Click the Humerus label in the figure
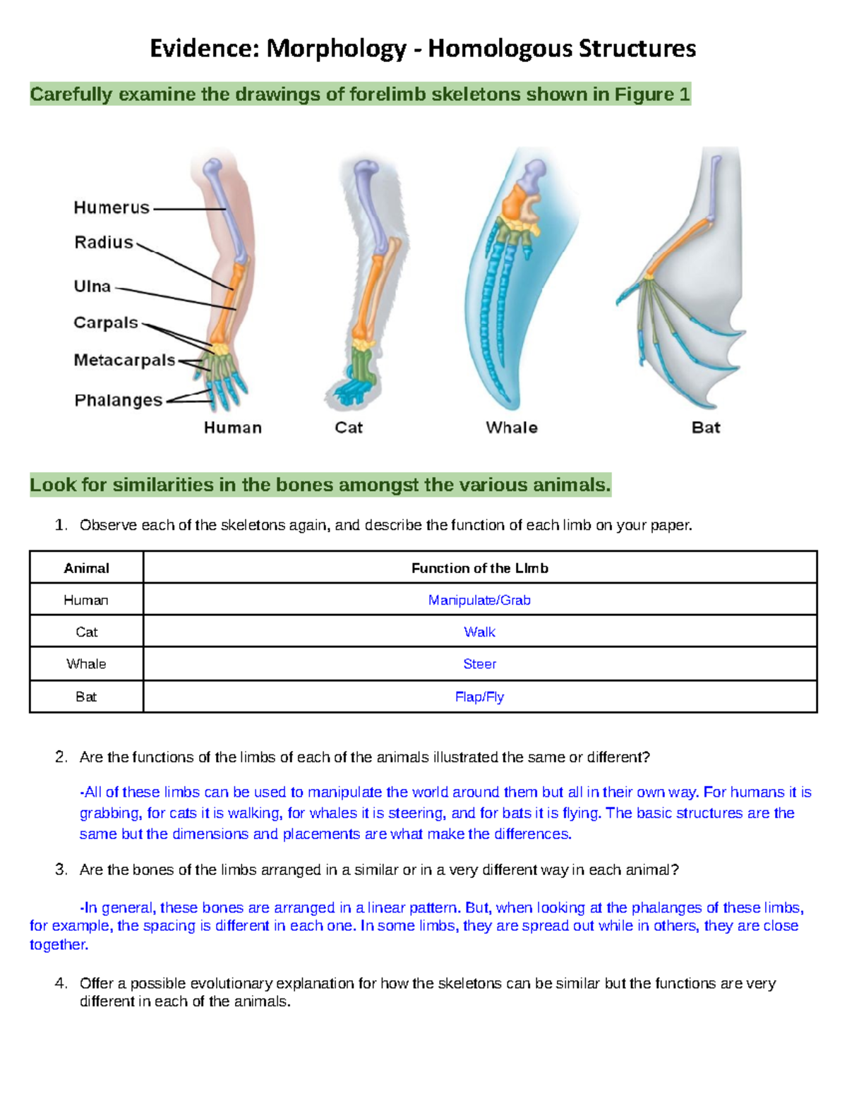click(x=112, y=207)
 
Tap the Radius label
click(x=104, y=243)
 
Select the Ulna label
click(x=92, y=287)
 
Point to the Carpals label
click(x=106, y=323)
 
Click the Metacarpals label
click(x=124, y=361)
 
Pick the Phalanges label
click(x=119, y=401)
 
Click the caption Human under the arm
click(x=233, y=428)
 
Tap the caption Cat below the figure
click(x=349, y=428)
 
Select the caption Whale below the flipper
click(x=512, y=428)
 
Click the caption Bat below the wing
click(x=706, y=428)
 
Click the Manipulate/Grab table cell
click(x=479, y=600)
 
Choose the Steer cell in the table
click(x=479, y=664)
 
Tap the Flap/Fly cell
click(x=479, y=697)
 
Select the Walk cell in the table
click(x=479, y=632)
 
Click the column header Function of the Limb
click(x=479, y=568)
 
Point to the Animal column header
click(x=86, y=568)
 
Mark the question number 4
click(x=61, y=983)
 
